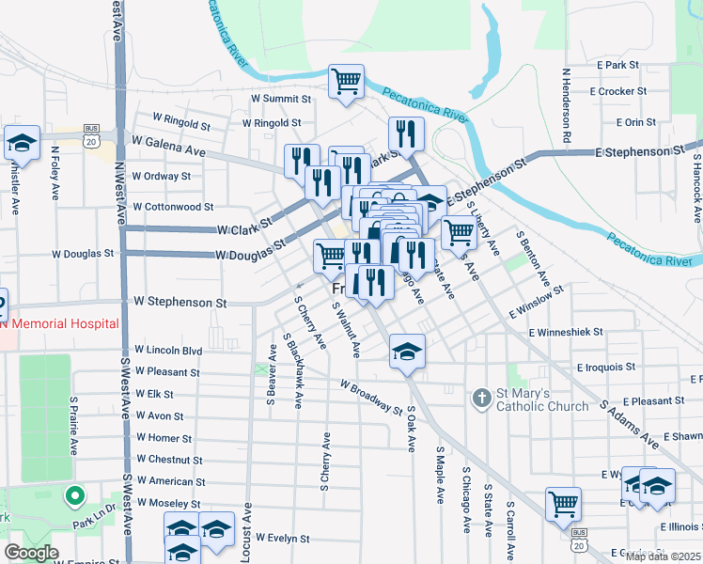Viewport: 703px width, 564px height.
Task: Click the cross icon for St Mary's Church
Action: pos(480,399)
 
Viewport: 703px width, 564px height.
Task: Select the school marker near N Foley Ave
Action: pos(21,143)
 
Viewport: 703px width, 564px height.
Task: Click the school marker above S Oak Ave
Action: pos(406,352)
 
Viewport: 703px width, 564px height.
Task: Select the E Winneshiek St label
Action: pos(565,333)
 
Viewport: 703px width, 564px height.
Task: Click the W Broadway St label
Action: pos(371,398)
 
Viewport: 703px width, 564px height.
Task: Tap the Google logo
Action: pos(31,553)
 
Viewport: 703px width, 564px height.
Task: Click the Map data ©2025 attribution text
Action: pos(663,556)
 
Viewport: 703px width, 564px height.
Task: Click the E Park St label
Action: pos(617,65)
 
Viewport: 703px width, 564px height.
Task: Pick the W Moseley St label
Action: pos(169,503)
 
